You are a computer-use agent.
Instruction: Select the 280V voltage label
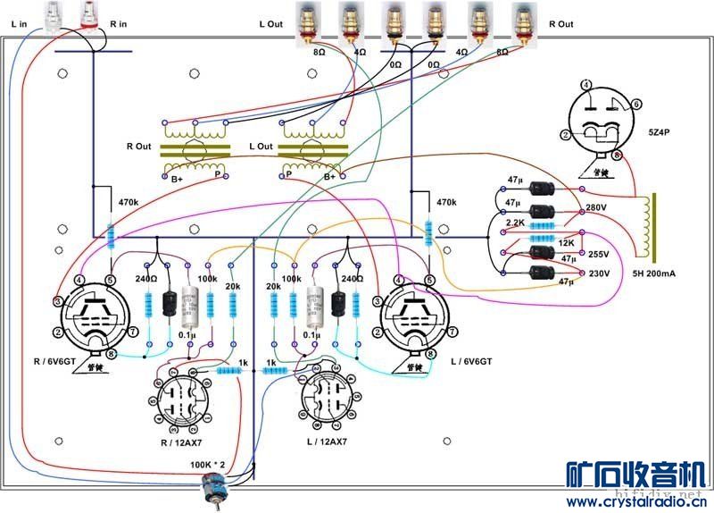coord(596,207)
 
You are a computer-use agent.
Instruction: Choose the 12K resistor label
coord(567,243)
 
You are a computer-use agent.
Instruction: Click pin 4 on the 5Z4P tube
coord(585,85)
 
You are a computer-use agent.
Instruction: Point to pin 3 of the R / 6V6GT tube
coord(57,300)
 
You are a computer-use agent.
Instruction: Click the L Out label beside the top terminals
coord(270,23)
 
